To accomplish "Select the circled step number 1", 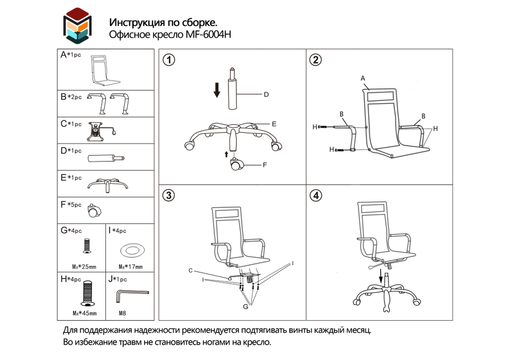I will (169, 60).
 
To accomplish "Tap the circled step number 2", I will (316, 60).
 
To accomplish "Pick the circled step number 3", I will (169, 196).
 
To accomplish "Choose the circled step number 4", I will (316, 196).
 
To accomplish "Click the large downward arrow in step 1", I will (217, 90).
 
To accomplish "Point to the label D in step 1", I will (266, 95).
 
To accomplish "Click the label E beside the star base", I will (273, 124).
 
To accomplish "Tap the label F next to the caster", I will (265, 164).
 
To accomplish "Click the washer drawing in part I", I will (131, 250).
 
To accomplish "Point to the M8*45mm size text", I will (84, 313).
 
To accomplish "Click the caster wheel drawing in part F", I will (95, 209).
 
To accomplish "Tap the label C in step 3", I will (190, 270).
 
